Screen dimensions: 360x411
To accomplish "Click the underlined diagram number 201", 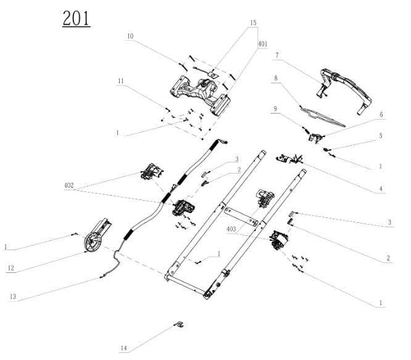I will tap(76, 19).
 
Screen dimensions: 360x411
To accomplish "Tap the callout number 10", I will tap(130, 36).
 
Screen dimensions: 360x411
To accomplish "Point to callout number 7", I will tap(277, 55).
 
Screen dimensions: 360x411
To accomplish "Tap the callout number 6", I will tap(382, 115).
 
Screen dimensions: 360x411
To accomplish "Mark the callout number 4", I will tap(381, 188).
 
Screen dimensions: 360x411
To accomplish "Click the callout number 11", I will tap(122, 81).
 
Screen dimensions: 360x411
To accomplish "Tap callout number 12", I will tap(12, 267).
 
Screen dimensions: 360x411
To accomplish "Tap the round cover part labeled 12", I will tap(94, 238).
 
